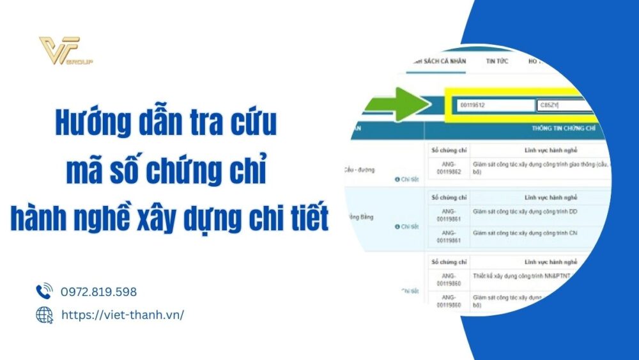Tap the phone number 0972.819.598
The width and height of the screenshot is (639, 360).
(98, 292)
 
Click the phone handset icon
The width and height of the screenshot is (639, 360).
(43, 292)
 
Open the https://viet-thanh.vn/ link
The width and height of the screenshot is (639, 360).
(122, 315)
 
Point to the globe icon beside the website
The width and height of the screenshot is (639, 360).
(43, 315)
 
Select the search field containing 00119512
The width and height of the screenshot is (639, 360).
(495, 106)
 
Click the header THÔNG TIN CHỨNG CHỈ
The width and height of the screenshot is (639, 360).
(559, 128)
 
